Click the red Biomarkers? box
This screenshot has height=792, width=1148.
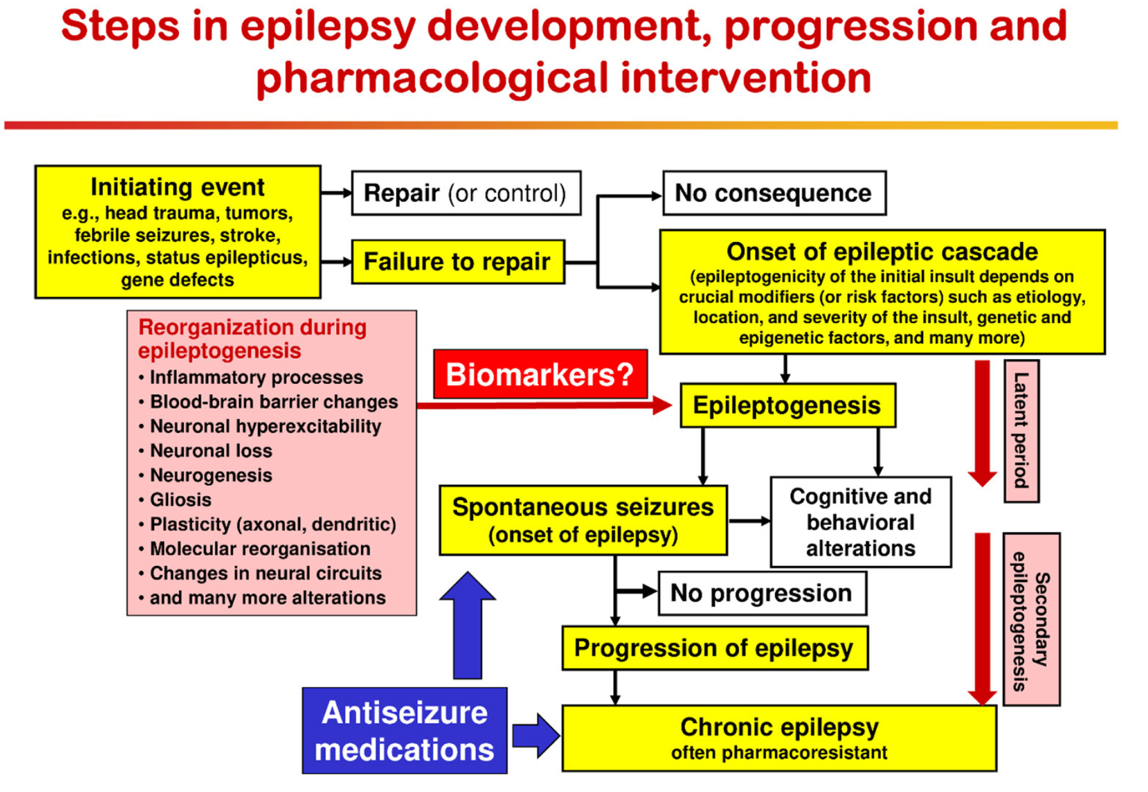(540, 375)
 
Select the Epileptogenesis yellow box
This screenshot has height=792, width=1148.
(787, 406)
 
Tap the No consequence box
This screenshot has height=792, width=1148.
(774, 193)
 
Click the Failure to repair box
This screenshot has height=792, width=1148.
(457, 262)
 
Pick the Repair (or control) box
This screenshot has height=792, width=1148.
(466, 193)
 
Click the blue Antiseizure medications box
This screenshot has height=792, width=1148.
(404, 731)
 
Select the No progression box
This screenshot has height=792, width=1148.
(762, 593)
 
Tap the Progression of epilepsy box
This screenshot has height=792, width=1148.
(714, 648)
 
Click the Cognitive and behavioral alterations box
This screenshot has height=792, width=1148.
(861, 522)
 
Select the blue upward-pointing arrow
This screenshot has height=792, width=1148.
(468, 626)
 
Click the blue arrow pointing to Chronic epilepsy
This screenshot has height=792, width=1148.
(535, 736)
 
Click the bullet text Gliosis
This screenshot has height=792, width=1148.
(180, 499)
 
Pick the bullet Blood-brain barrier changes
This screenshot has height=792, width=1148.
(273, 402)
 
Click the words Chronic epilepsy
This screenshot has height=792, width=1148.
(779, 727)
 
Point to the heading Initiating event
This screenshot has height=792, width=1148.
(177, 187)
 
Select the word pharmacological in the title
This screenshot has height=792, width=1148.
(432, 79)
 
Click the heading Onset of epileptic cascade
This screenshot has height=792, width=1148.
(882, 252)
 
